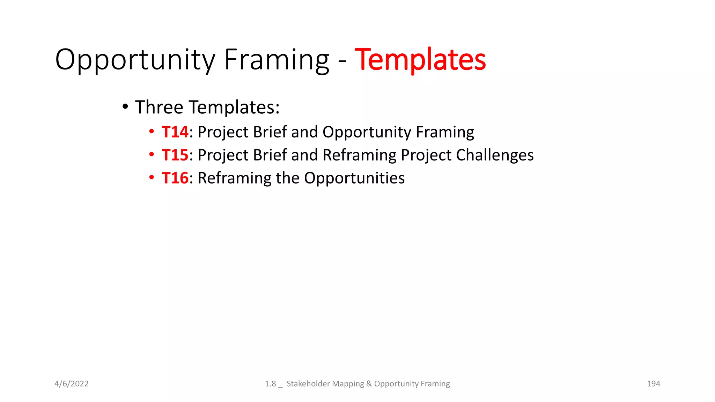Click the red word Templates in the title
[420, 60]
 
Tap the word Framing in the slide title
[277, 60]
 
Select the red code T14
[175, 132]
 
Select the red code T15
[175, 155]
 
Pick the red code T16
[175, 178]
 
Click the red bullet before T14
[151, 132]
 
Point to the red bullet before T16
[151, 178]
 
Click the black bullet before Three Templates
[125, 107]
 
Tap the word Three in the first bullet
[159, 107]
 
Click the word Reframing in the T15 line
[359, 155]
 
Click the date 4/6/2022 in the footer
[72, 384]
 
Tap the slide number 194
[653, 384]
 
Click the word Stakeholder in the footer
[307, 384]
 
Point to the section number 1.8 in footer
[270, 384]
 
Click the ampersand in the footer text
[369, 384]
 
